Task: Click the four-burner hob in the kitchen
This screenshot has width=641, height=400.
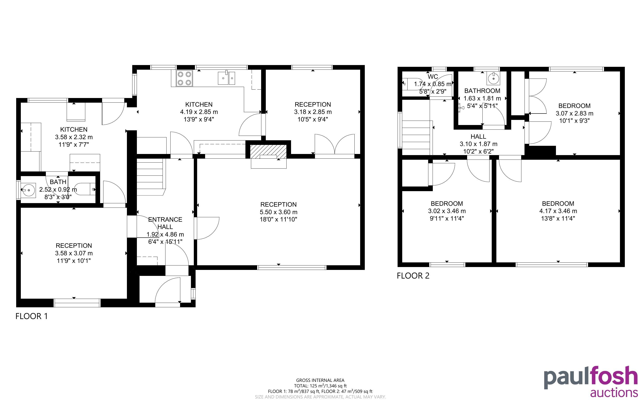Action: coord(185,78)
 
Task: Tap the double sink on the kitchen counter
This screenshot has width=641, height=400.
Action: coord(226,78)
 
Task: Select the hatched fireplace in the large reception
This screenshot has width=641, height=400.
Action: coord(268,152)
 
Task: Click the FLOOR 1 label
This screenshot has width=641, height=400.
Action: coord(32,316)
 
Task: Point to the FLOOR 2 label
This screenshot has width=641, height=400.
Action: coord(413,276)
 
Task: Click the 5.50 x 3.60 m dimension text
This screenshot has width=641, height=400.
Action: coord(279,212)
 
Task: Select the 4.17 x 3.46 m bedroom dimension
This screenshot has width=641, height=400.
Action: coord(558,211)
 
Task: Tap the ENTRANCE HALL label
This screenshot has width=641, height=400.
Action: coord(165,223)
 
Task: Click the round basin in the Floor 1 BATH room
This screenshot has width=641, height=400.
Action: coord(28,190)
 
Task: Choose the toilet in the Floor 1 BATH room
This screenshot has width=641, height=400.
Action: coord(85,189)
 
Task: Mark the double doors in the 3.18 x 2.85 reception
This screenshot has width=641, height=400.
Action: coord(335,144)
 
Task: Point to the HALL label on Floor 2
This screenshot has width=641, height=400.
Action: coord(478,137)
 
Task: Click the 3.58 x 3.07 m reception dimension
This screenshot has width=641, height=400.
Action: coord(74,253)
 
